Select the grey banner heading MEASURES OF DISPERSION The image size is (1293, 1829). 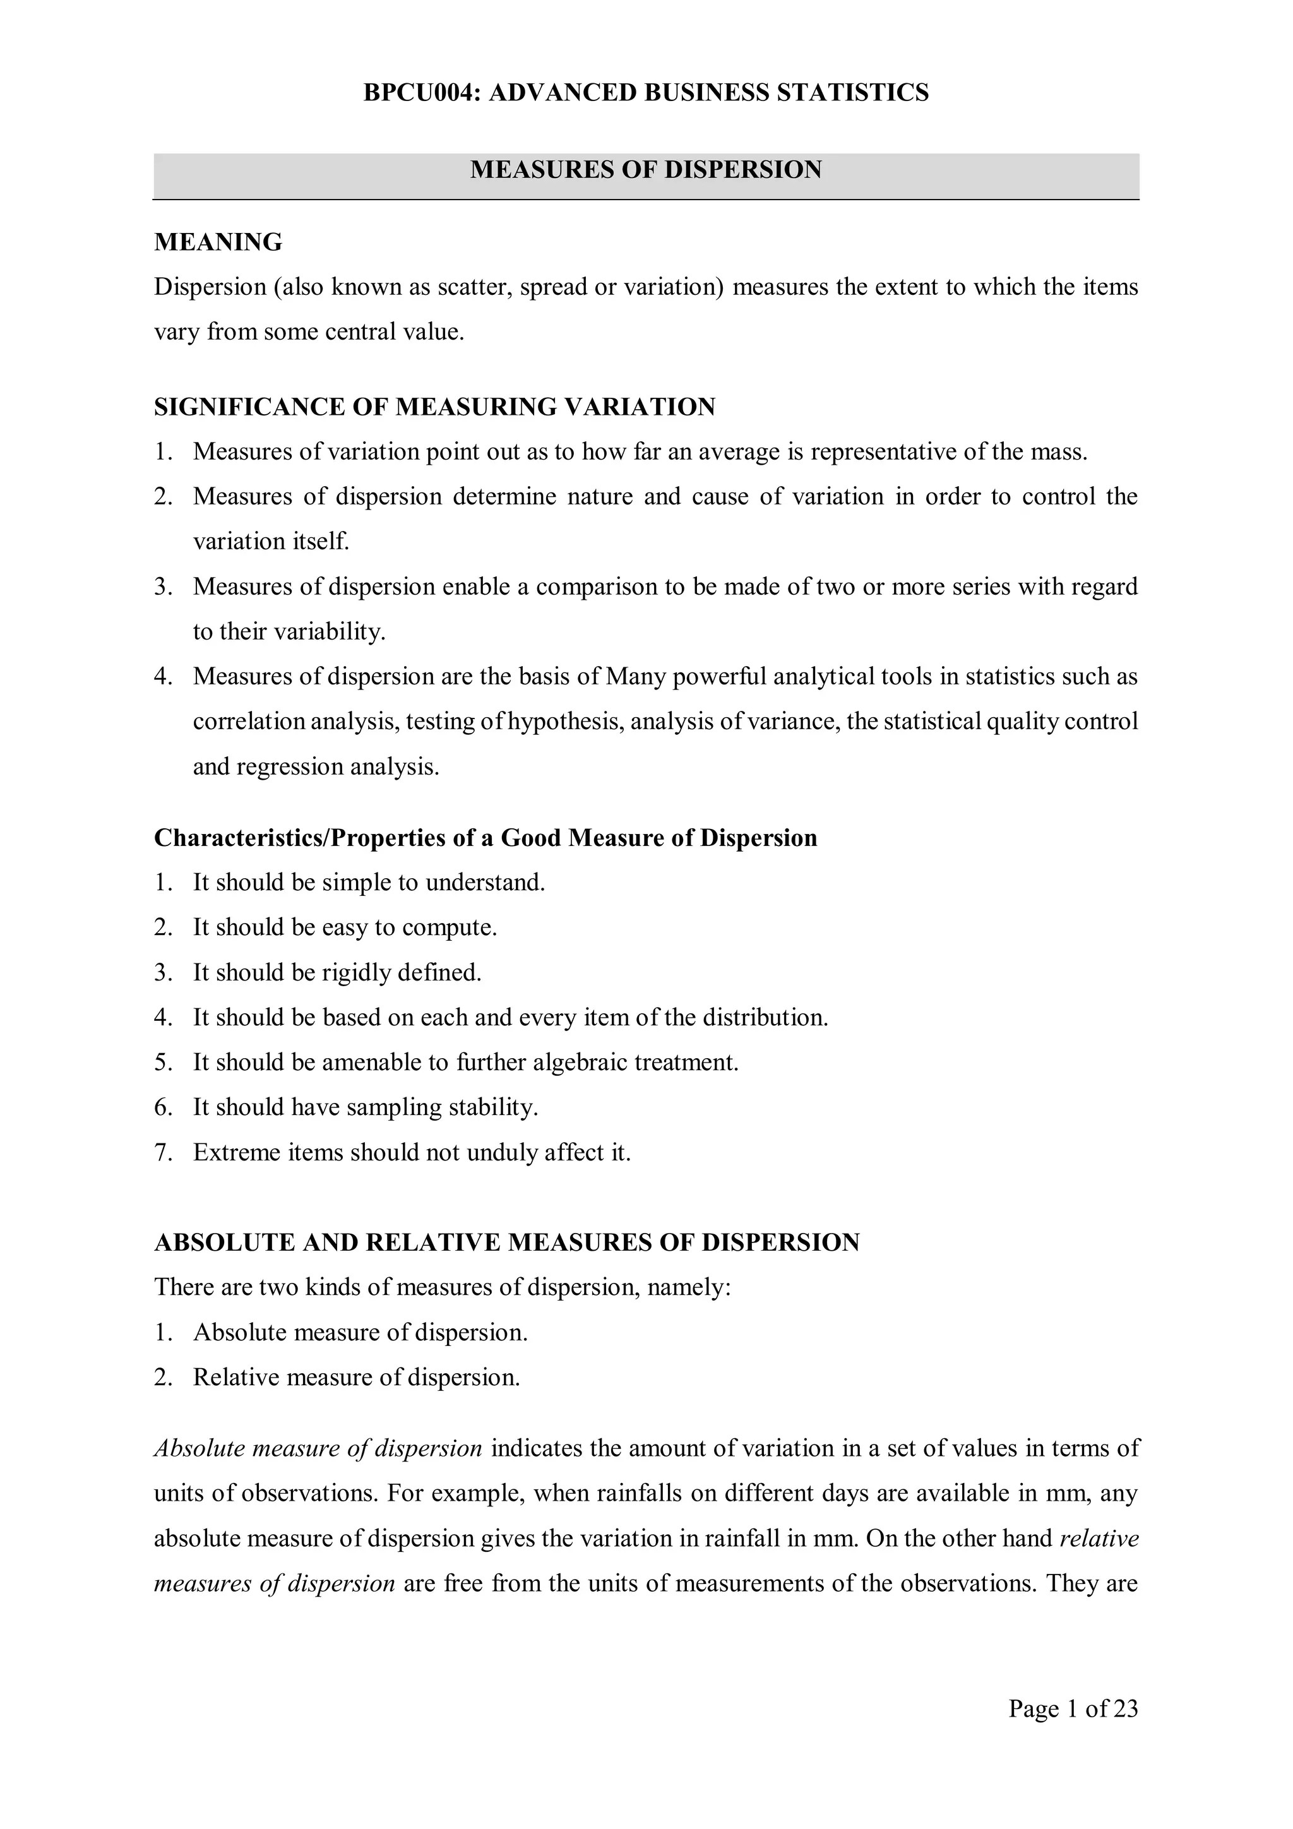(645, 170)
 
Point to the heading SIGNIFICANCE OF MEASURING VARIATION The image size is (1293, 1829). (434, 407)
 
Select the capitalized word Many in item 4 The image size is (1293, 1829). (636, 677)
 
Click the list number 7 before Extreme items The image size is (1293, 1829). (164, 1153)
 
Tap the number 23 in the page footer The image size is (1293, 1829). (1126, 1708)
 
